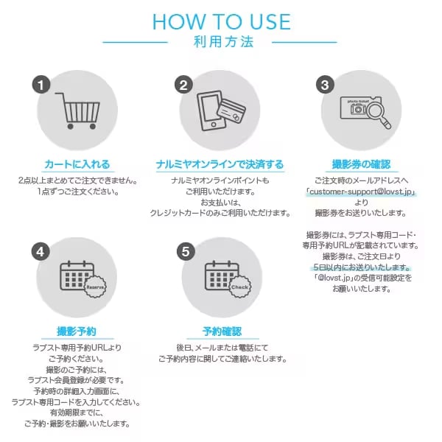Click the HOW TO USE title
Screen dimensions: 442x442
point(222,21)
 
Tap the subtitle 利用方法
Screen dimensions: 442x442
point(223,42)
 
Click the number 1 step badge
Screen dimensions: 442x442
point(41,85)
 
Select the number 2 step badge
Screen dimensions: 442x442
point(183,85)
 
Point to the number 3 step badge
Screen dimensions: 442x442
point(325,85)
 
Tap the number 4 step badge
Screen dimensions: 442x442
point(41,252)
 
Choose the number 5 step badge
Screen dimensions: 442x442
point(186,252)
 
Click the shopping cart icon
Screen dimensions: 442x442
point(78,110)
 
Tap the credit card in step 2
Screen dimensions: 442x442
point(231,110)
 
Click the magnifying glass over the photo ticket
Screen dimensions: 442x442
point(379,116)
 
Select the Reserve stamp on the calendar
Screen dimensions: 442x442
point(96,287)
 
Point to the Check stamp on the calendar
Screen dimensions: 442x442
point(240,287)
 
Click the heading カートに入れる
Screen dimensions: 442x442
point(77,164)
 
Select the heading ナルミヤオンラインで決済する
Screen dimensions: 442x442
point(220,164)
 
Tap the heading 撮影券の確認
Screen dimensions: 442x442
point(362,164)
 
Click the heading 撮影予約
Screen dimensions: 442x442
point(77,331)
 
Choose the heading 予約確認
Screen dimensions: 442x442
point(222,331)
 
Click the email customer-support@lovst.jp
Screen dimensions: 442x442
point(361,192)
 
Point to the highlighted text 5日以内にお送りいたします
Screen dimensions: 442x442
point(361,267)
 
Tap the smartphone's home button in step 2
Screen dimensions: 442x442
point(214,124)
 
